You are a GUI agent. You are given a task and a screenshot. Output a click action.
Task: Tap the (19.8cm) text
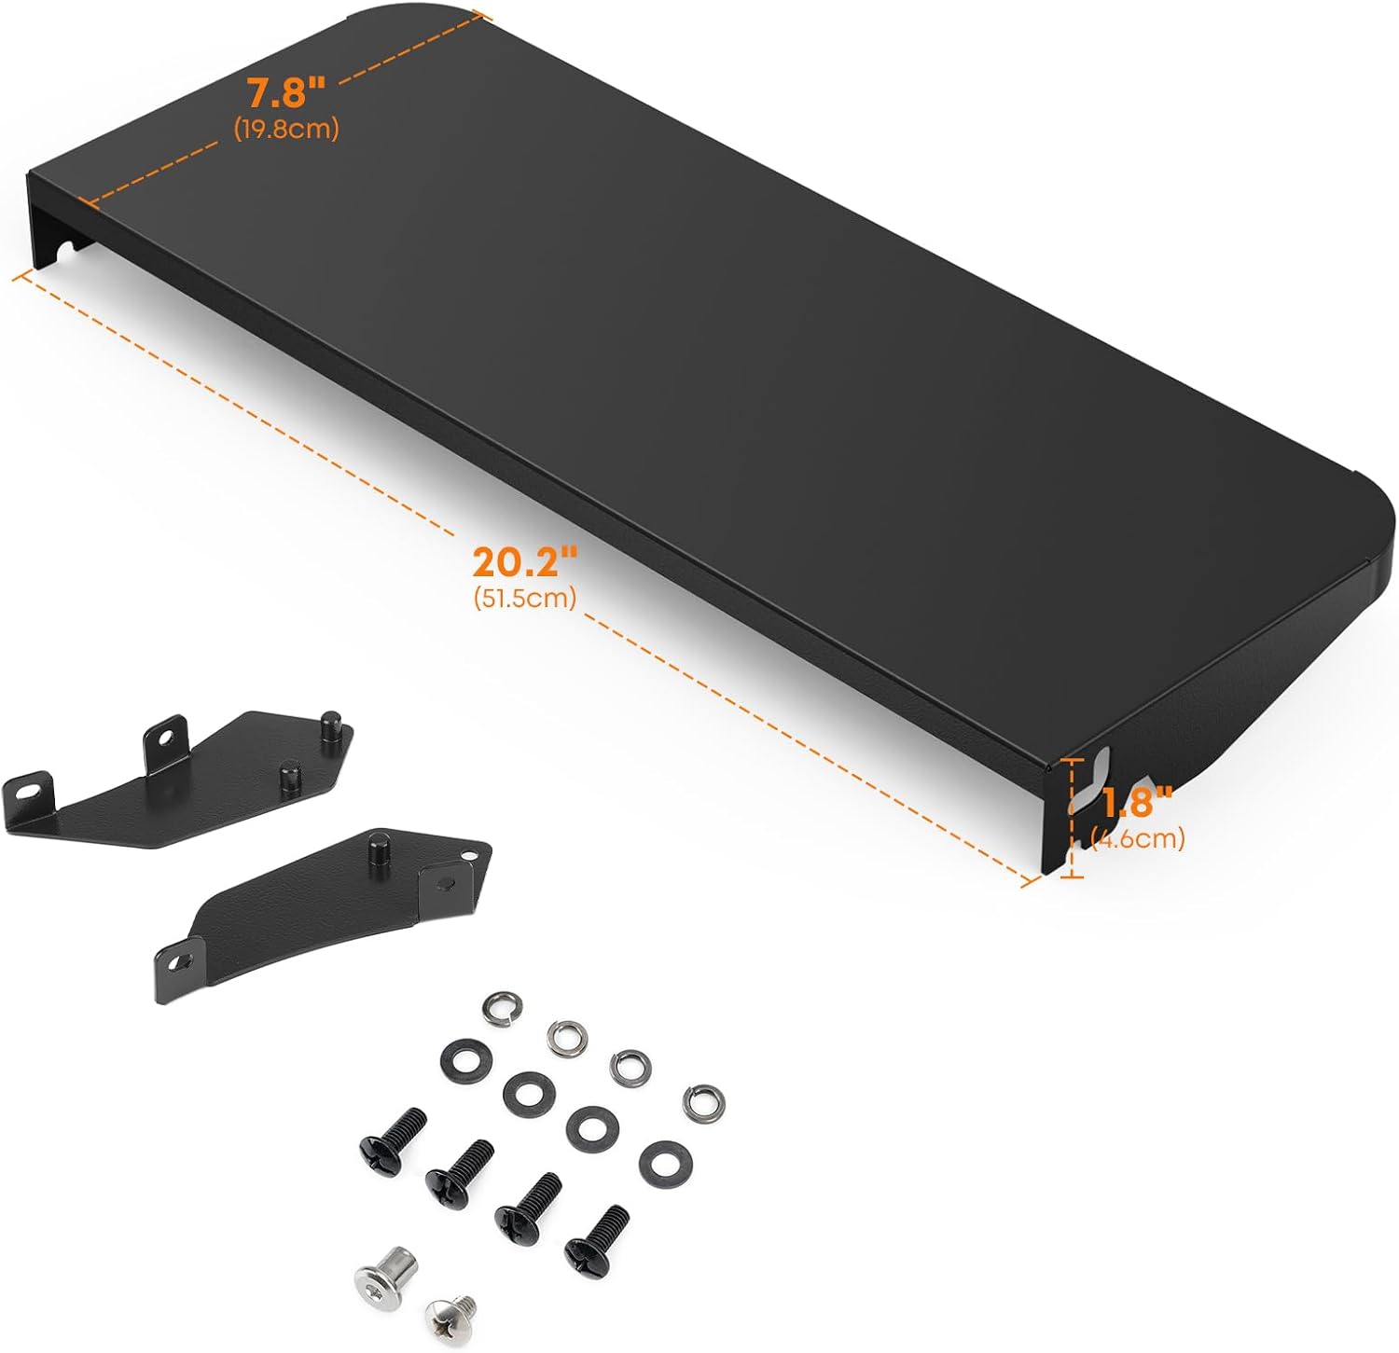tap(286, 129)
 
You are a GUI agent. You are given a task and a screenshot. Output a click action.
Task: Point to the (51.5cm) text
tap(524, 597)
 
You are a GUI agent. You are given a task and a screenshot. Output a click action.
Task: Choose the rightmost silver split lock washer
tap(703, 1103)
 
